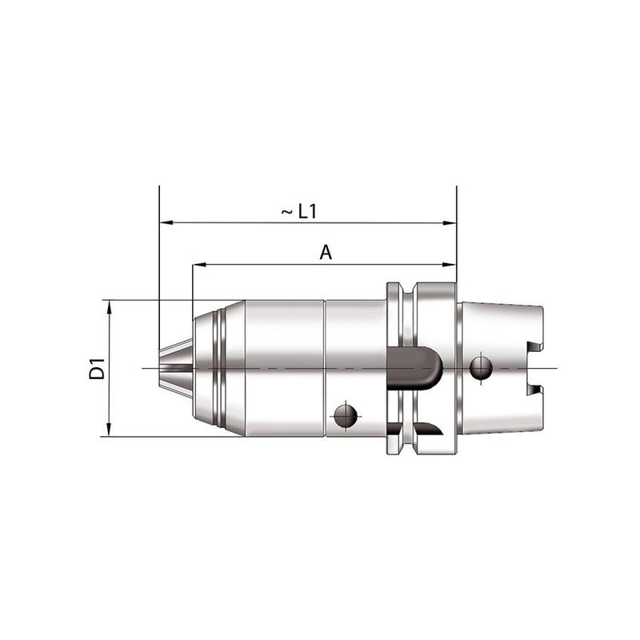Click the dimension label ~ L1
tap(299, 212)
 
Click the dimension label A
tap(326, 253)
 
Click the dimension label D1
tap(97, 369)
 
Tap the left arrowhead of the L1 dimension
tap(166, 223)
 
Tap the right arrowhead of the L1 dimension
tap(450, 223)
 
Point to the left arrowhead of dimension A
tap(199, 265)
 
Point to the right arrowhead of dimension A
tap(450, 265)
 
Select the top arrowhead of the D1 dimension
tap(109, 307)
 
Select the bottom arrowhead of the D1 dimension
tap(109, 430)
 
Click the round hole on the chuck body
tap(346, 417)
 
